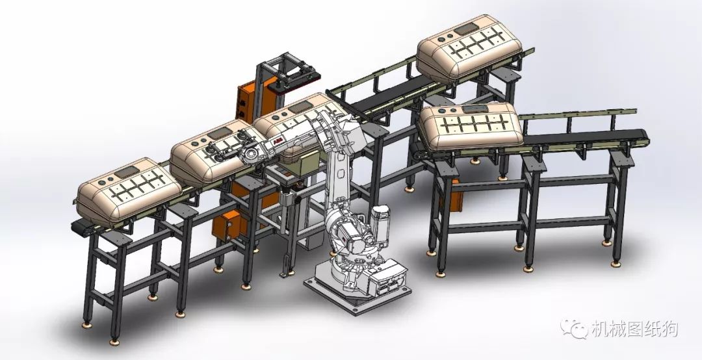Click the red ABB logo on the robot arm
(277, 142)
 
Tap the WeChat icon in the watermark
(574, 329)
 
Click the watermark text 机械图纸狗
(634, 329)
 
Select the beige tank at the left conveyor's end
(129, 191)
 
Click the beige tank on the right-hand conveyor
(471, 127)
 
